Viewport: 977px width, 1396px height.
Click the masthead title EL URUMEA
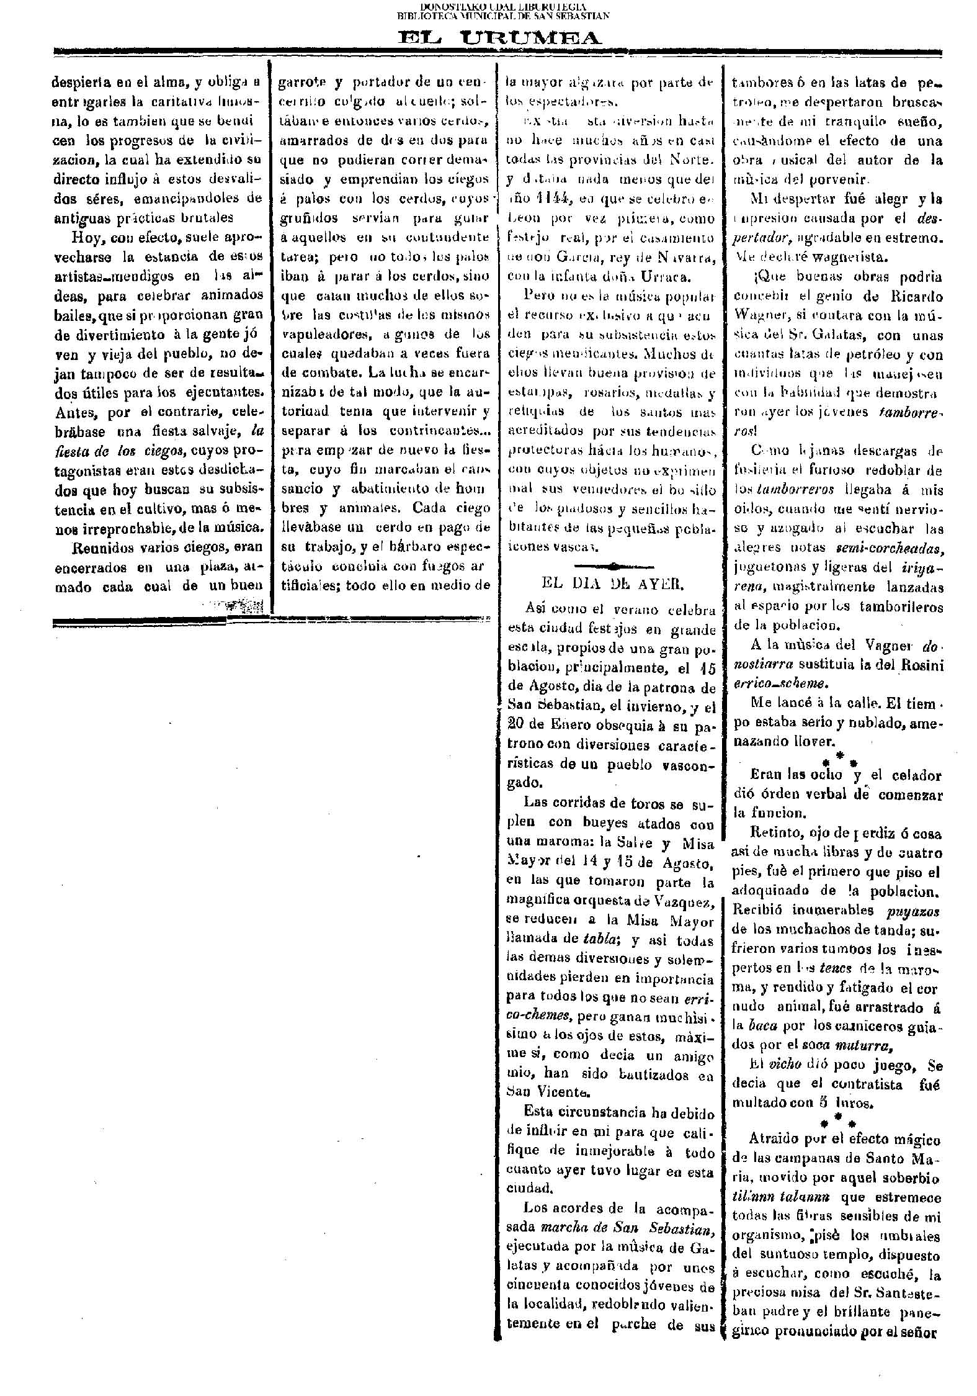500,38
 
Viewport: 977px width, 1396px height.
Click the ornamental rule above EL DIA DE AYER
614,565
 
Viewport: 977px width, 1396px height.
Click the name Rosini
923,665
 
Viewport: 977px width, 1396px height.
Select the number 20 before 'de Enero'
516,725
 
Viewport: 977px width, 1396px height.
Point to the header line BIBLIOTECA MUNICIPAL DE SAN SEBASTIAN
503,16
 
